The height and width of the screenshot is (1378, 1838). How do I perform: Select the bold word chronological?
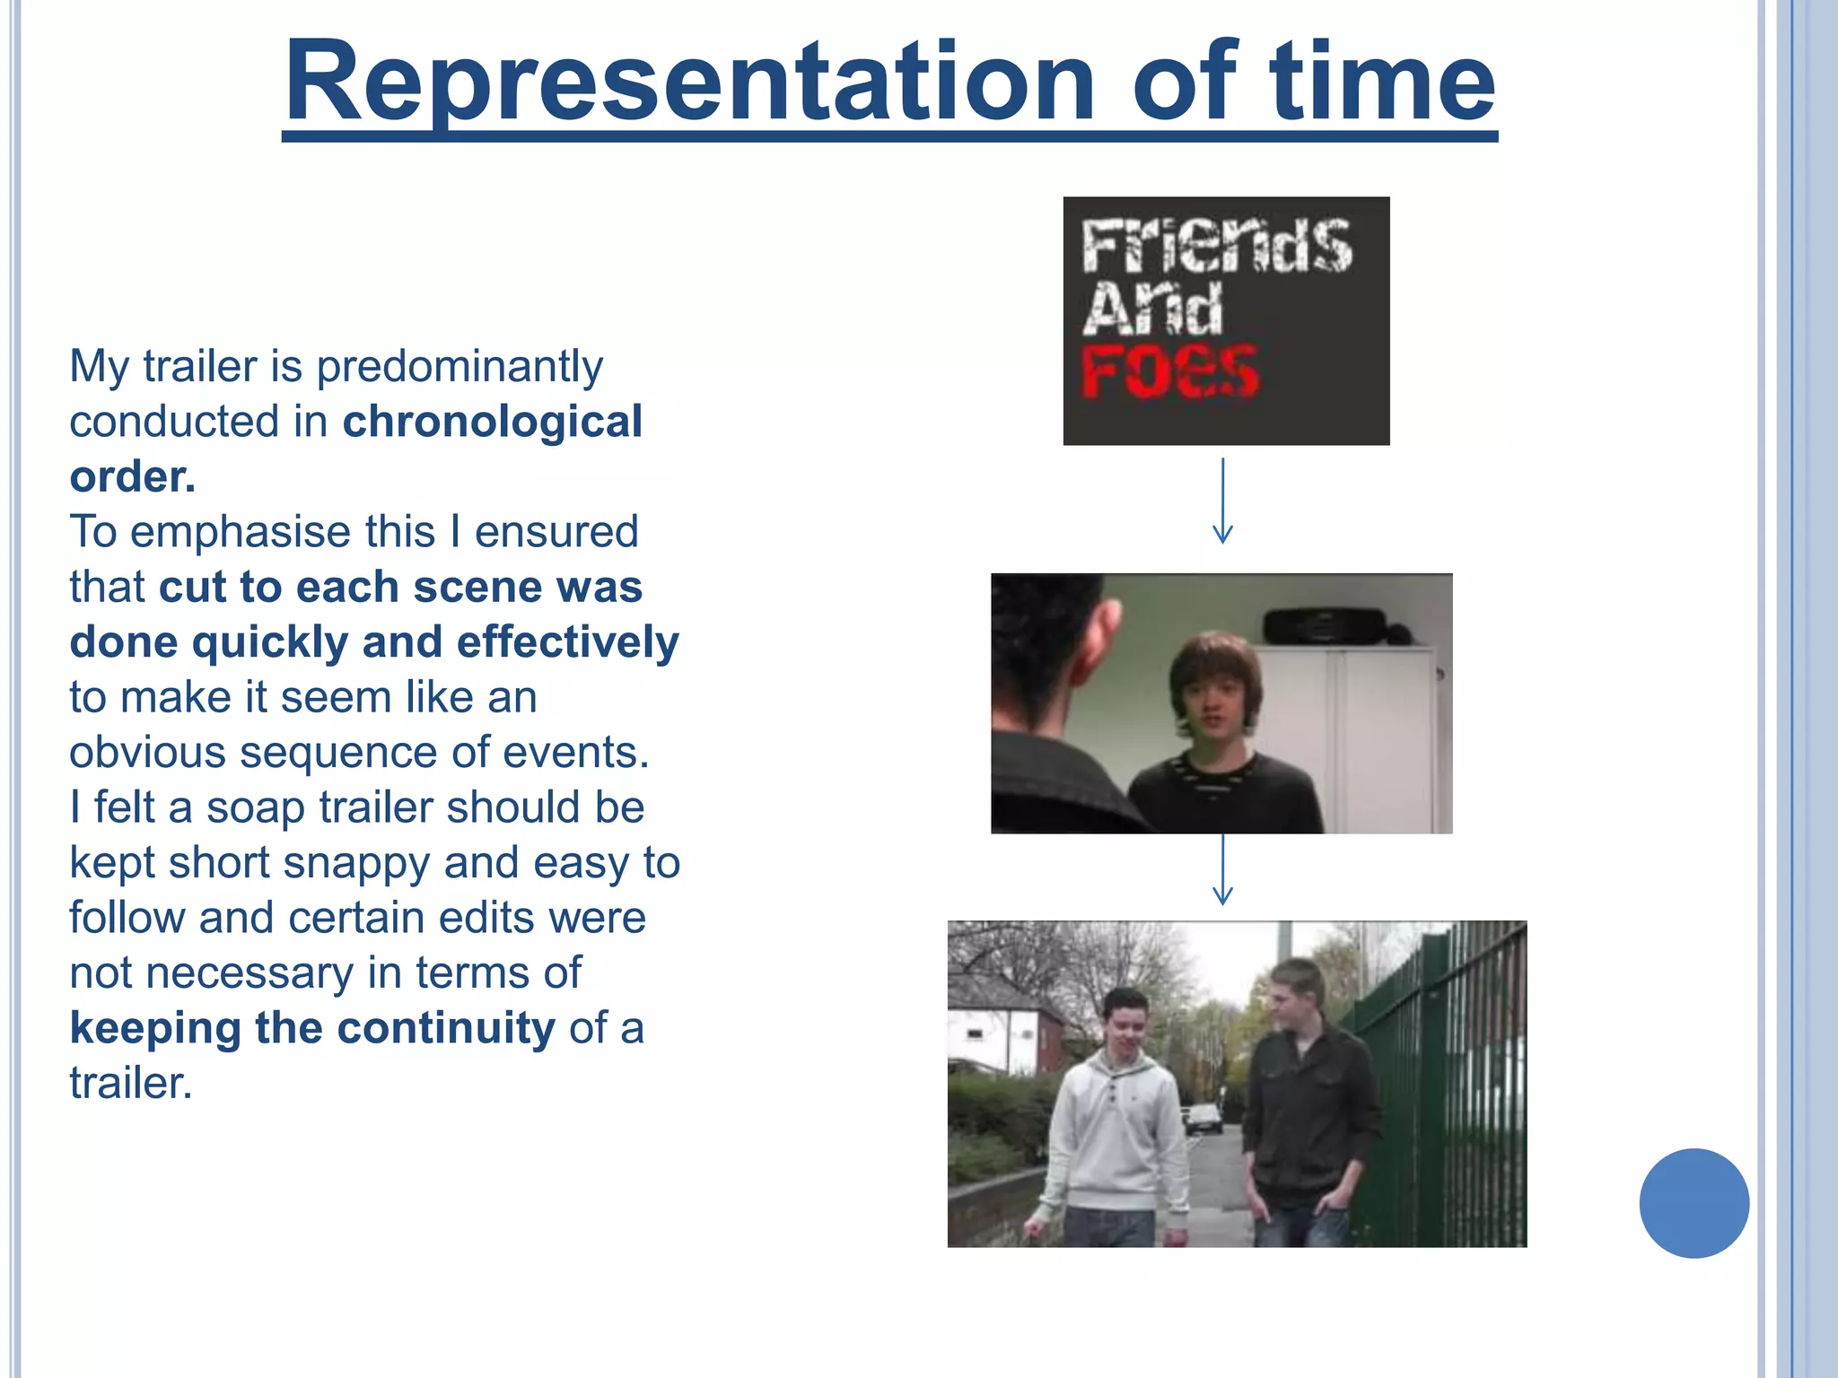(x=492, y=422)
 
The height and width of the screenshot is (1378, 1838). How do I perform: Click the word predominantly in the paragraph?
(x=459, y=367)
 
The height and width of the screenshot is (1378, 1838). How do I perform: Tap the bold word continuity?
(x=445, y=1028)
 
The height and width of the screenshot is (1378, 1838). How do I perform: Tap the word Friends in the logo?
(x=1216, y=246)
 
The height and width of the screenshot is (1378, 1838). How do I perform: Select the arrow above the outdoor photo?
(x=1222, y=870)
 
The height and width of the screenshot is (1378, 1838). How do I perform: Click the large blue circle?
(x=1694, y=1203)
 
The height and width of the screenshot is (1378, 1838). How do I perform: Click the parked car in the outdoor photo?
(x=1203, y=1118)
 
